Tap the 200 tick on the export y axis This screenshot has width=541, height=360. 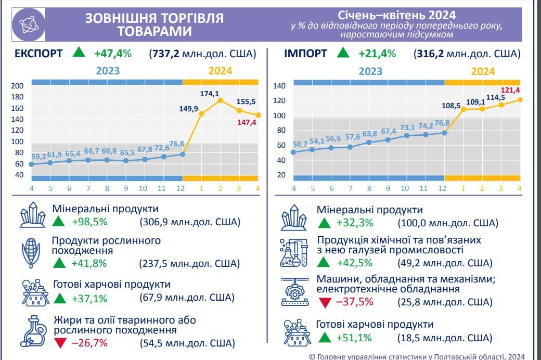pos(18,86)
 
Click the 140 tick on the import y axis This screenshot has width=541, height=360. pos(279,86)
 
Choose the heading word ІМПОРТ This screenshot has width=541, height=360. pos(306,53)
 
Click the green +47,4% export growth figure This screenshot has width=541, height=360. pos(113,53)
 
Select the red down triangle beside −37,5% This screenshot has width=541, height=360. pos(325,302)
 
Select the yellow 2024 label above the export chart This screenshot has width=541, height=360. pos(221,71)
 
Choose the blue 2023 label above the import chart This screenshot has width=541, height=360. pos(370,71)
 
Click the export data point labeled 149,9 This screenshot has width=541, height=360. pos(202,114)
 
